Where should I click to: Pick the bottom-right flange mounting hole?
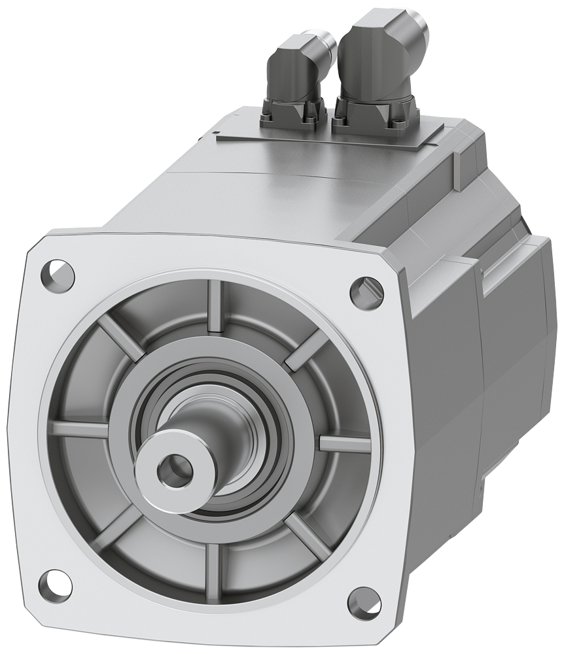point(364,602)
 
